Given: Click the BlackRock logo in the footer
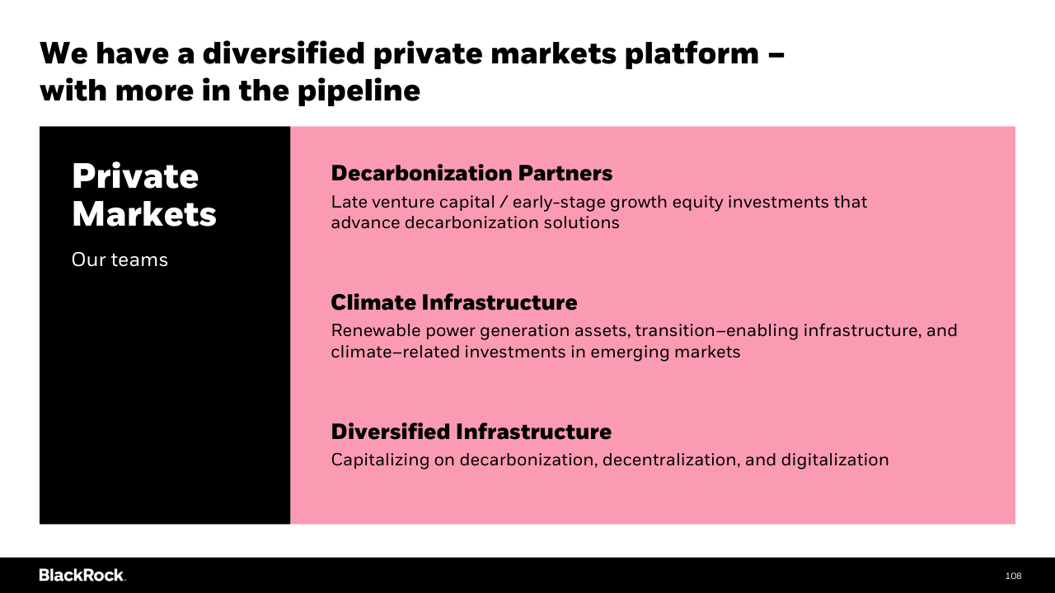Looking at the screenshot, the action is click(82, 575).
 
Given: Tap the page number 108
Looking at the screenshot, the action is click(1013, 576).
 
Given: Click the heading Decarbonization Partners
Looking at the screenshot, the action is click(471, 173).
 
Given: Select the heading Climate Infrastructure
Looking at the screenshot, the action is click(454, 302).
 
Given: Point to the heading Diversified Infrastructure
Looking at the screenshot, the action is click(471, 432).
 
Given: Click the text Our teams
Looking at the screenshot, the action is click(120, 259).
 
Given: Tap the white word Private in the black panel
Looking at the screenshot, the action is click(135, 176).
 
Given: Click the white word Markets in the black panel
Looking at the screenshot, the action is click(144, 215).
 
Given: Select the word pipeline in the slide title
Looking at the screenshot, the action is click(359, 91).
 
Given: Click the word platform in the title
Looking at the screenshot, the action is click(692, 54).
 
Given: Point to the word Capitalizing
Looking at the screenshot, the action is click(380, 460).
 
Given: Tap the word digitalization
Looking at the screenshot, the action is click(835, 460).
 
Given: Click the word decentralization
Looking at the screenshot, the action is click(671, 460).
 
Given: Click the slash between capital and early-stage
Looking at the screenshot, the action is click(504, 203).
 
